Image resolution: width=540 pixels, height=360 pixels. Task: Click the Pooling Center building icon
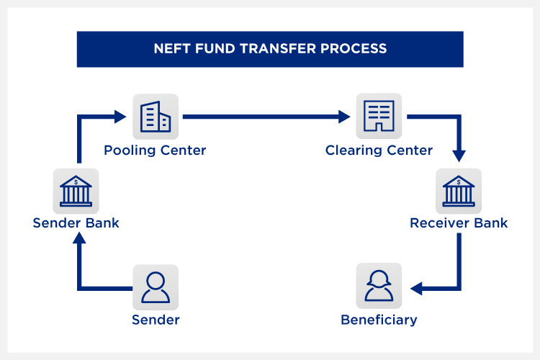[x=155, y=116]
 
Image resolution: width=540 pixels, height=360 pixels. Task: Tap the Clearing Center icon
[x=379, y=116]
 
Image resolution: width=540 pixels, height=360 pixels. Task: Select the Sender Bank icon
[x=76, y=191]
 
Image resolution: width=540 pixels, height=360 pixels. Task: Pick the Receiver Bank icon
[x=459, y=191]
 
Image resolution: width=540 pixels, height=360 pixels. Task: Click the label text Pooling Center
[x=155, y=150]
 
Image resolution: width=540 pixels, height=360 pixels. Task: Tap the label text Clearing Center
[x=379, y=150]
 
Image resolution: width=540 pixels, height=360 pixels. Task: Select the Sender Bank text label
[x=76, y=223]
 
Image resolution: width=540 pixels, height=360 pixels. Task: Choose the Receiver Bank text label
[x=459, y=223]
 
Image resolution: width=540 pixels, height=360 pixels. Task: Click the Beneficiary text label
[x=379, y=320]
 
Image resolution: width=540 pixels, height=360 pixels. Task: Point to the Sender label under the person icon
[x=155, y=320]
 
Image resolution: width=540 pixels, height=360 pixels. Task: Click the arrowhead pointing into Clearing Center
[x=346, y=116]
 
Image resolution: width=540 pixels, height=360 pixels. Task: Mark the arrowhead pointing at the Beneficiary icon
[x=416, y=289]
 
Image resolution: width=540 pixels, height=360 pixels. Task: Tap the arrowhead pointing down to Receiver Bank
[x=459, y=156]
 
